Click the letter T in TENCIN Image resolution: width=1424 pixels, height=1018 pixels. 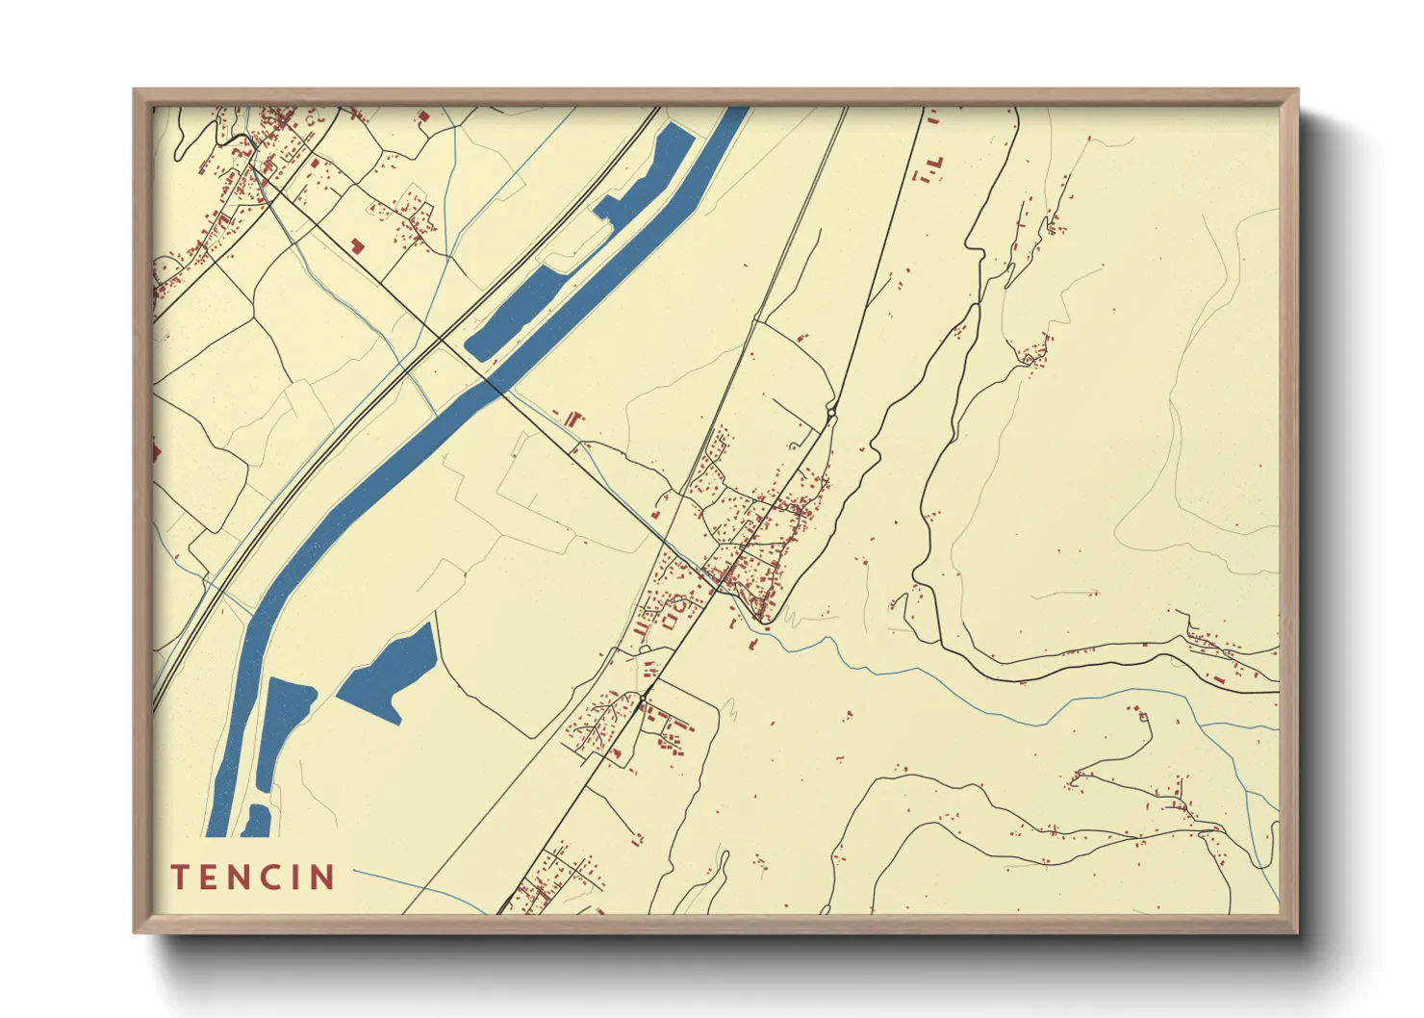click(x=180, y=878)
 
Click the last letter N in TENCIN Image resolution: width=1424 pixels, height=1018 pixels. click(x=321, y=878)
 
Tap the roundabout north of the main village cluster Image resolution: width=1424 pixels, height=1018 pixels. click(x=831, y=415)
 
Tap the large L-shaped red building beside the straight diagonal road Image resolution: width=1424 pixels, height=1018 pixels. click(x=357, y=245)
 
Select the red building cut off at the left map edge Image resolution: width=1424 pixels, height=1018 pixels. click(x=156, y=450)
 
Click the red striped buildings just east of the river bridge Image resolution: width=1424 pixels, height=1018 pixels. click(x=573, y=419)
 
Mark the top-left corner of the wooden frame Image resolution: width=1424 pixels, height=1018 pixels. click(x=135, y=90)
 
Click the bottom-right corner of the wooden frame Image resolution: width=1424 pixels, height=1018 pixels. click(x=1297, y=932)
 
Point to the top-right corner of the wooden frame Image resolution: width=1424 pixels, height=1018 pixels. click(x=1297, y=90)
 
